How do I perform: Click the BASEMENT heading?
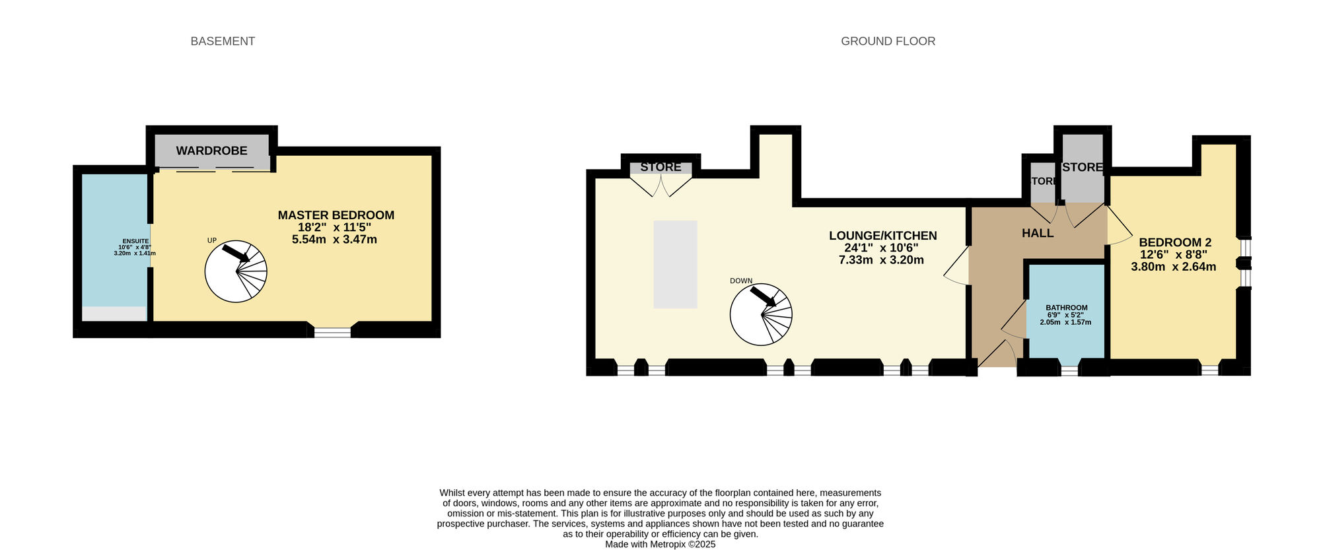(x=223, y=41)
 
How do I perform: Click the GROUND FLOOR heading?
(x=888, y=41)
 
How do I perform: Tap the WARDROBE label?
(x=211, y=151)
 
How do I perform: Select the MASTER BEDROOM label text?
(x=336, y=215)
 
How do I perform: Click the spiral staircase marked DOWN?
(x=761, y=314)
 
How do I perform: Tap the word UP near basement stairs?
(x=212, y=240)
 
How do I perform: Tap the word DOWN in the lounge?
(x=740, y=281)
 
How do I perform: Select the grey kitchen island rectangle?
(x=675, y=264)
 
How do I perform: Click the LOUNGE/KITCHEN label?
(x=882, y=236)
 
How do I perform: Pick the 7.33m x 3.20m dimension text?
(x=881, y=260)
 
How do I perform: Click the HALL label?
(x=1037, y=233)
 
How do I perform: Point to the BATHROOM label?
(x=1066, y=308)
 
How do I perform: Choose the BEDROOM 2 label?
(x=1174, y=242)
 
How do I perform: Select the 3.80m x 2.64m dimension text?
(x=1173, y=267)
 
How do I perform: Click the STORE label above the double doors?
(x=660, y=167)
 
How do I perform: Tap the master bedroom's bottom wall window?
(x=332, y=332)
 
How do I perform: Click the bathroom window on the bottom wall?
(x=1069, y=370)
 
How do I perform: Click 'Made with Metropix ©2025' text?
(x=660, y=545)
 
